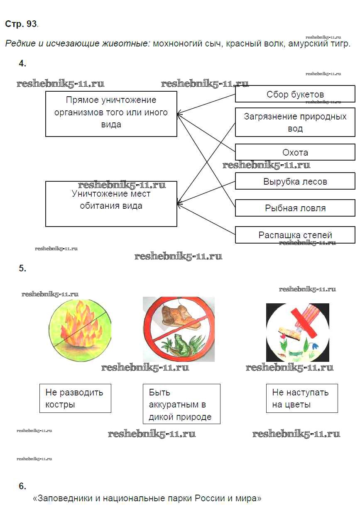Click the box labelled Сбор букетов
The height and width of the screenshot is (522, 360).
point(295,94)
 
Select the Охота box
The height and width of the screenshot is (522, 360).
point(295,152)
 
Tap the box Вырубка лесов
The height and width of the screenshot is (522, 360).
point(295,181)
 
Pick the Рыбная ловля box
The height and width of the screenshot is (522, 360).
point(295,208)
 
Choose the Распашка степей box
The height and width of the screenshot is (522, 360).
point(295,235)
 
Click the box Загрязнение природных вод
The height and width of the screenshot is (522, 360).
point(295,122)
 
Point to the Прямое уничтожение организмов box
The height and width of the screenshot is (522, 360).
point(111,114)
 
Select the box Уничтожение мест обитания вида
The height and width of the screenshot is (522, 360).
point(111,203)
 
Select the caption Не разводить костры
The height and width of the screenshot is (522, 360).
point(75,398)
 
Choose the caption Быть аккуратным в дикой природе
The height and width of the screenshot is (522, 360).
point(181,404)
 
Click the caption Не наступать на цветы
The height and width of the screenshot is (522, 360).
point(301,398)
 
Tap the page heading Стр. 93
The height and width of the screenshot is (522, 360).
point(21,24)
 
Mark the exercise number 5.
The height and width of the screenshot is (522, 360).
point(22,268)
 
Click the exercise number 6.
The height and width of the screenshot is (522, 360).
point(22,486)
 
